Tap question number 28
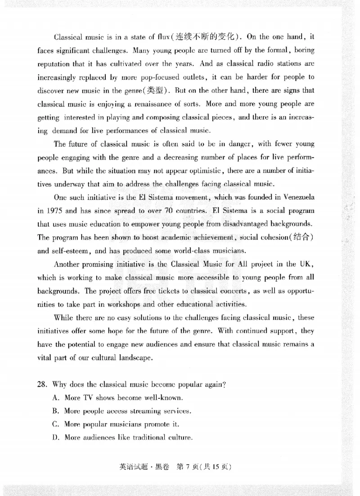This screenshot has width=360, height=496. [x=43, y=385]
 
